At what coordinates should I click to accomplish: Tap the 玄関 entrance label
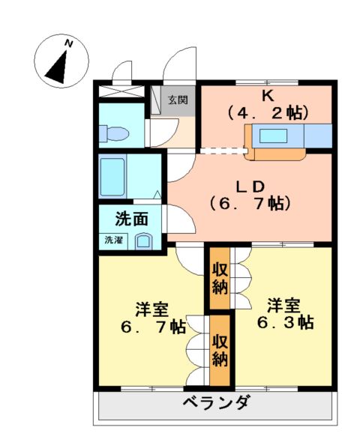[178, 100]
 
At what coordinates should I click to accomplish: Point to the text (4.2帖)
[267, 113]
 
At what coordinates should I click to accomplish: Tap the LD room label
[250, 184]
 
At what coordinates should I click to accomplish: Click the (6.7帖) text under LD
[250, 202]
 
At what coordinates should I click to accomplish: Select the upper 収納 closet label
[219, 278]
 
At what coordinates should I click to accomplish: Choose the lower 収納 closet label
[219, 351]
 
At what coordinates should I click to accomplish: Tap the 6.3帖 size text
[283, 323]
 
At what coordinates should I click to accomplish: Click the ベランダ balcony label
[217, 402]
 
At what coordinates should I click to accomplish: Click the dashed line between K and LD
[223, 150]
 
